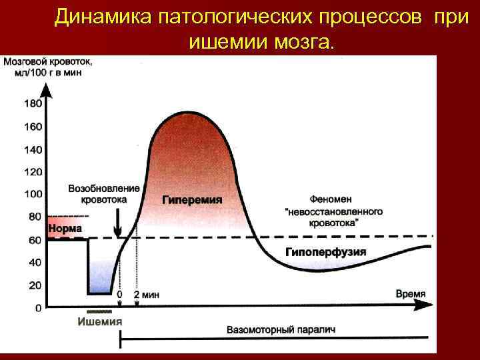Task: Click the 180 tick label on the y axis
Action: [33, 103]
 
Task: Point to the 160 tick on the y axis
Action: [33, 127]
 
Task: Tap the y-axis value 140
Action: [33, 149]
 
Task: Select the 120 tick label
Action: [33, 172]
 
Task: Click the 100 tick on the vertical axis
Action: [33, 194]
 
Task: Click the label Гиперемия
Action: [192, 199]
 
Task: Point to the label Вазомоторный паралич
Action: [280, 329]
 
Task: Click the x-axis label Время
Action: [411, 294]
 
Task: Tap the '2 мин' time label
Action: [146, 294]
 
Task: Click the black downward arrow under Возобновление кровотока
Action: [118, 219]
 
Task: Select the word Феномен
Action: [333, 199]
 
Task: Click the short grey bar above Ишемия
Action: [100, 311]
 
